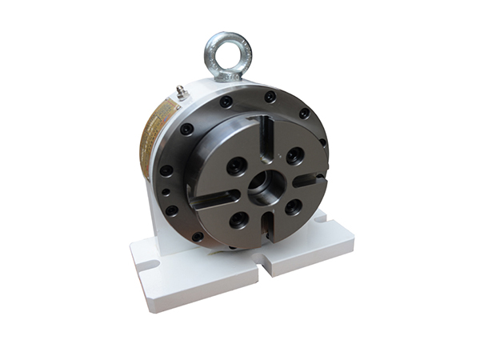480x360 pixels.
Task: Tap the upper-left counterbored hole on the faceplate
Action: click(x=236, y=166)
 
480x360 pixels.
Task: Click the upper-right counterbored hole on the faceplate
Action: click(x=294, y=155)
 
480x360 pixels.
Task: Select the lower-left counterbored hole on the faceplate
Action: click(x=238, y=218)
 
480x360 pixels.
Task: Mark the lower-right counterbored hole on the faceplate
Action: click(x=293, y=206)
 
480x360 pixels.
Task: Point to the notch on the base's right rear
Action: click(x=322, y=216)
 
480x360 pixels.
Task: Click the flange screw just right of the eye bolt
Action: click(x=270, y=97)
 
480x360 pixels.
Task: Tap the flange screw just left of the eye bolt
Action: click(x=226, y=102)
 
